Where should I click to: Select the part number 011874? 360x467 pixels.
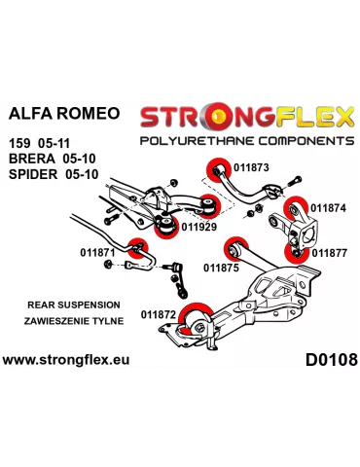pyautogui.click(x=327, y=207)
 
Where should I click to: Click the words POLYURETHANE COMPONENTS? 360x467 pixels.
pyautogui.click(x=246, y=140)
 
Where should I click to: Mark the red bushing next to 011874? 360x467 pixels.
pyautogui.click(x=292, y=206)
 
